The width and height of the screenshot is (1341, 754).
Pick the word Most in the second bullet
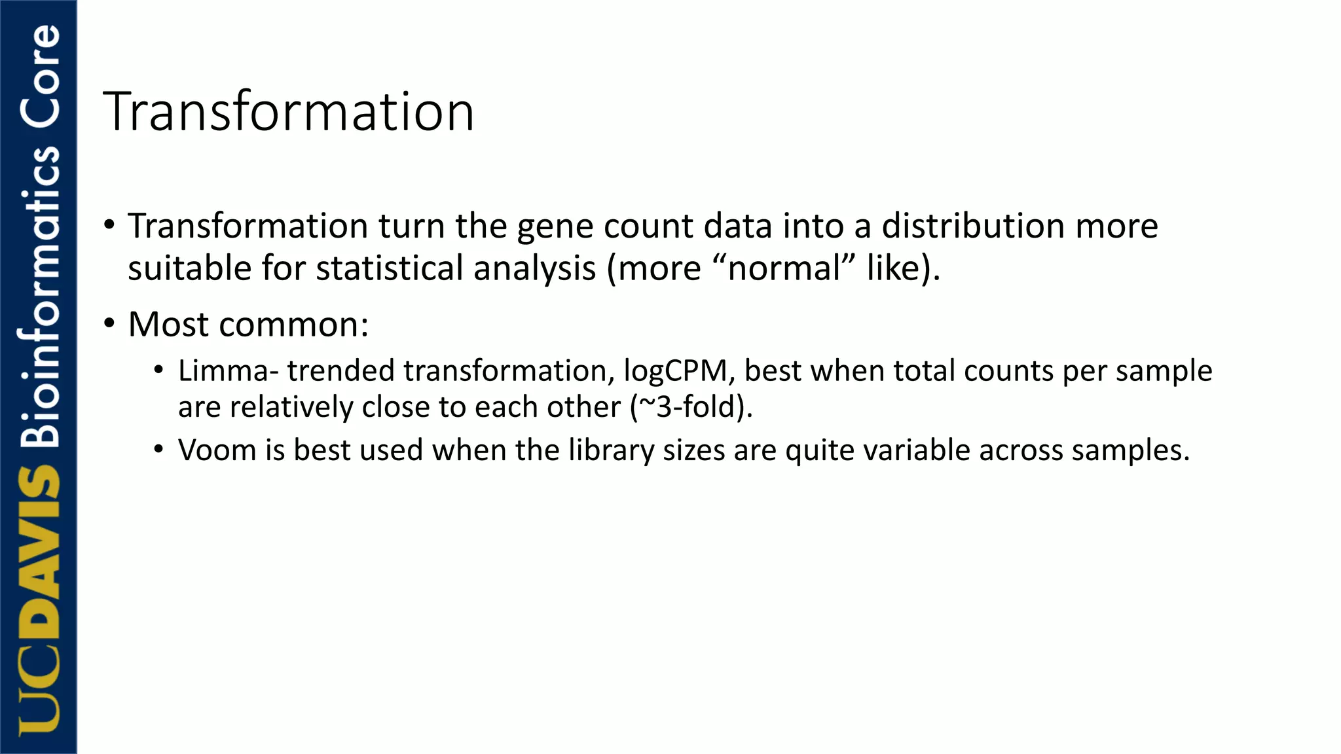point(169,324)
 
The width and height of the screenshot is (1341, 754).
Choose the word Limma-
point(229,371)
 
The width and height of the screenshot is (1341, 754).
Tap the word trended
point(340,371)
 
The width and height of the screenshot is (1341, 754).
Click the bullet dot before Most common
point(109,323)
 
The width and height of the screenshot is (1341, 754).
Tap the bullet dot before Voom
point(158,450)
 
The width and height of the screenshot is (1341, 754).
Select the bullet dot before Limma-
point(158,370)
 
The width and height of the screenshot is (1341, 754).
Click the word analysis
point(534,268)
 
